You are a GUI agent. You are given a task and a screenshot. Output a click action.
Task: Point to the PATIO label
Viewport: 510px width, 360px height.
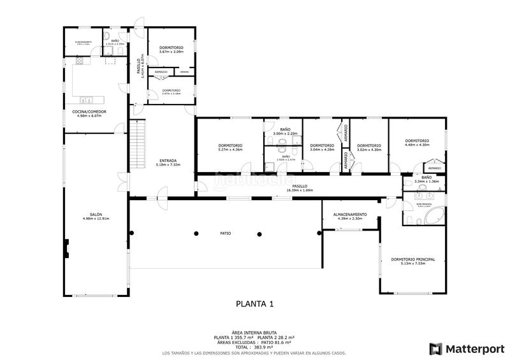226,234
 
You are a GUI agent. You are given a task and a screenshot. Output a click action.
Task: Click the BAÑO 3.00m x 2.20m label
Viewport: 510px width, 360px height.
285,131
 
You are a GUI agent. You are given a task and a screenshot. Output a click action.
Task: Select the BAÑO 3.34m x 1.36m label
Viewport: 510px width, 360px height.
426,179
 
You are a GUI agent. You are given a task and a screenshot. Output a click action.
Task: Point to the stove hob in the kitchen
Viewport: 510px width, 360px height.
80,61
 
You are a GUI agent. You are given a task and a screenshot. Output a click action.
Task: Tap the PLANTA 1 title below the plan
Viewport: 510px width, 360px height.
254,305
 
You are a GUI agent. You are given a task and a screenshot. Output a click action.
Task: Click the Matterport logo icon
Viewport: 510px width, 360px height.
436,349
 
